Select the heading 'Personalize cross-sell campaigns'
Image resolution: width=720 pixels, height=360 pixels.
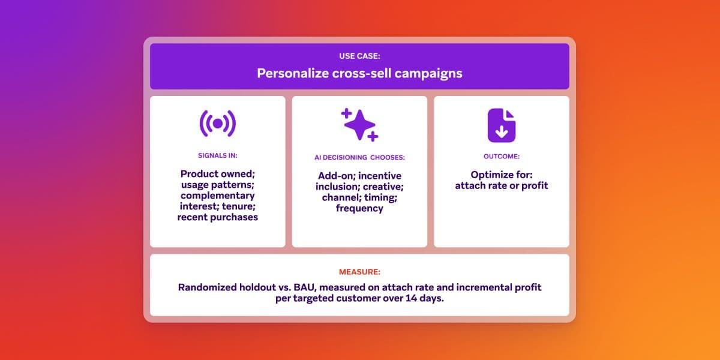(x=359, y=73)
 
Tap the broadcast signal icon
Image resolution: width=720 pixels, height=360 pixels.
(x=217, y=124)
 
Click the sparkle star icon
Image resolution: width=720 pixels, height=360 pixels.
(x=359, y=125)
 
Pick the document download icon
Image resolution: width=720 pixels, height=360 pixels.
(x=501, y=125)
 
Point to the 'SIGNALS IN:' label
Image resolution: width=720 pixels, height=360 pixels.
(x=217, y=155)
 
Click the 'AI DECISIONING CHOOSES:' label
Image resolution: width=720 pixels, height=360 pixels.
(x=359, y=158)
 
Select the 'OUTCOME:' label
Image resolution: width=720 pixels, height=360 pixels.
(x=501, y=156)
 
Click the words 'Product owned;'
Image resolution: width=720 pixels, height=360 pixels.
(x=217, y=174)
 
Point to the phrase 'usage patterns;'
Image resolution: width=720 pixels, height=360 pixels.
(x=217, y=185)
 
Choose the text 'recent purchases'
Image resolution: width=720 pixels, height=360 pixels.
(x=217, y=217)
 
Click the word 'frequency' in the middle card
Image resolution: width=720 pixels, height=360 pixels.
(x=359, y=209)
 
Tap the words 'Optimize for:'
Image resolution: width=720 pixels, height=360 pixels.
(x=501, y=175)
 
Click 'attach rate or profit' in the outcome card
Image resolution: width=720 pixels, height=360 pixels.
(x=501, y=185)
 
